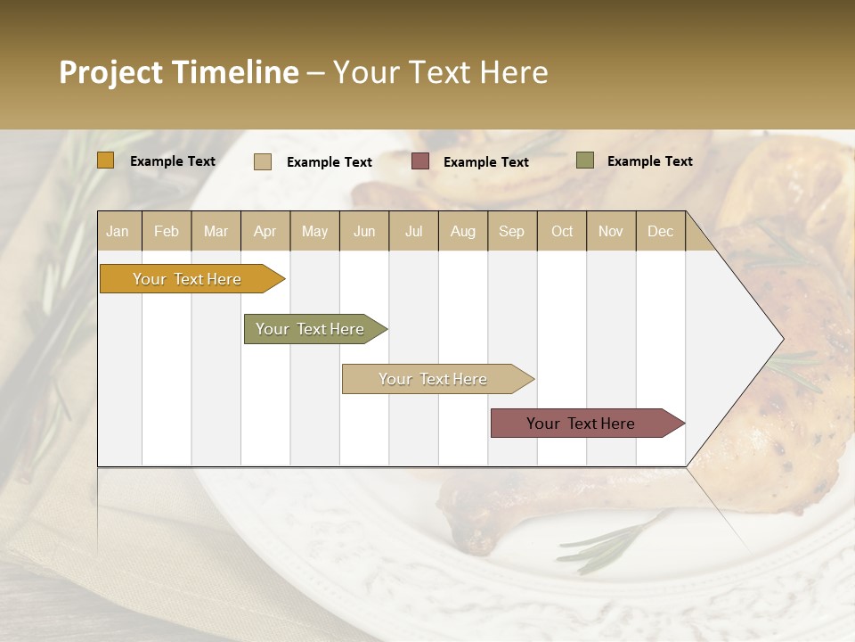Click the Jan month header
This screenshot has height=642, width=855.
click(118, 231)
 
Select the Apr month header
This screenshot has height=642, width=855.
click(265, 231)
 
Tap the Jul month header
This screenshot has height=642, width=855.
click(413, 231)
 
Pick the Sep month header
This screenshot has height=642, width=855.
click(511, 231)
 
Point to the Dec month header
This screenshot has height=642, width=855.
click(660, 231)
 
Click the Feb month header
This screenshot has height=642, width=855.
click(167, 231)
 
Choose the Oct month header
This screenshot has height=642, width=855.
click(561, 231)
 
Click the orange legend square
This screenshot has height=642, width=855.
click(106, 160)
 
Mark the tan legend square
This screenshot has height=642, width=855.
click(263, 161)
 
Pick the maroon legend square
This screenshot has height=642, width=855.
click(420, 160)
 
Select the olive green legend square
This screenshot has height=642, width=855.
click(585, 160)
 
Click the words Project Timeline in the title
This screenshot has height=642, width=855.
click(179, 72)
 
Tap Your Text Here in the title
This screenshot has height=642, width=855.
click(440, 72)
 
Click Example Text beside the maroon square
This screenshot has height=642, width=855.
click(485, 161)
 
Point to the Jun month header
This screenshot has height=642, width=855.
click(364, 231)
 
